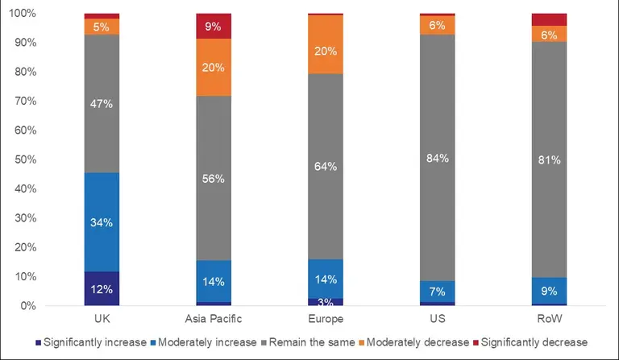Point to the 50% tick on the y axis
(23, 159)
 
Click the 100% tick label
(21, 14)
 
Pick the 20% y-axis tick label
(23, 247)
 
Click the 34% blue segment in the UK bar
(102, 222)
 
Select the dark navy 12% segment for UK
(102, 289)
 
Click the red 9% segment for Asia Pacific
(214, 26)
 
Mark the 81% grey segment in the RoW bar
(549, 159)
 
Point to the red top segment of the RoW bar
(549, 19)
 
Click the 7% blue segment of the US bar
(437, 291)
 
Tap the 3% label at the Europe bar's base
(326, 302)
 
